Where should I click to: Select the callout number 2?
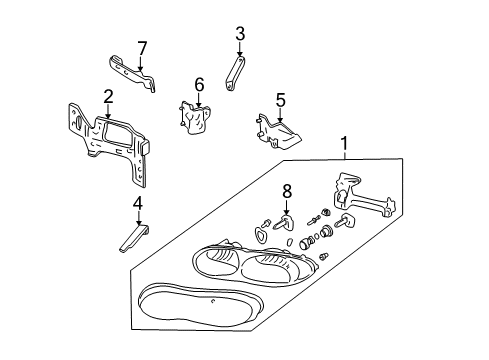tap(107, 96)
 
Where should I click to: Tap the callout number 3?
tap(240, 37)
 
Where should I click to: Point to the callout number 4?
tap(139, 205)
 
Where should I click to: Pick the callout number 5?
tap(281, 100)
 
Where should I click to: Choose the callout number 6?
tap(199, 84)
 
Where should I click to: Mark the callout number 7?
tap(142, 47)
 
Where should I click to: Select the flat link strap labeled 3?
tap(235, 78)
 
